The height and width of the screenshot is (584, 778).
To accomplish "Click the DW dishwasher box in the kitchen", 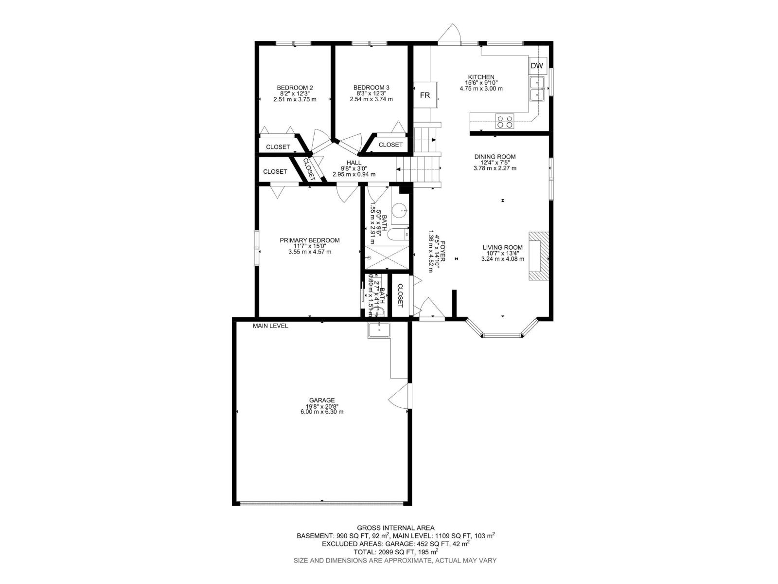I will [x=537, y=66].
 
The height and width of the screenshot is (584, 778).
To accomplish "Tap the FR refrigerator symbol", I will [x=424, y=95].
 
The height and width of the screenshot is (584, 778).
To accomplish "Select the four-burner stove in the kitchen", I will [x=505, y=120].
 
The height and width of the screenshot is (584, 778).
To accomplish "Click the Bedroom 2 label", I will [x=295, y=88].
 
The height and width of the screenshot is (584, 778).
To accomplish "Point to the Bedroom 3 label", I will [x=371, y=88].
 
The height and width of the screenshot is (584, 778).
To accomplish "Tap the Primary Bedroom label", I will [x=309, y=240].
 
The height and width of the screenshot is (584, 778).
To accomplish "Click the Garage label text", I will [x=321, y=401].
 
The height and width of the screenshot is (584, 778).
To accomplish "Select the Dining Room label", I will [x=495, y=157].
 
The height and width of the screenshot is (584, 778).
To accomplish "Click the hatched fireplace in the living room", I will [x=539, y=256].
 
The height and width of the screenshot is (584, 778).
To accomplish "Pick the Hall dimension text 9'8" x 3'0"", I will [x=354, y=168].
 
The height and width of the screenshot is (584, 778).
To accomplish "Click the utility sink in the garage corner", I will [x=379, y=329].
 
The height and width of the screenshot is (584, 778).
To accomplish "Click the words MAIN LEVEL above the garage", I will [x=270, y=326].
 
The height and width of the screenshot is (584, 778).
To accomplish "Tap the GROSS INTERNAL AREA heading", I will [x=395, y=528].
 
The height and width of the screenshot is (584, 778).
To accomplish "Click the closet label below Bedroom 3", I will [x=390, y=145].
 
